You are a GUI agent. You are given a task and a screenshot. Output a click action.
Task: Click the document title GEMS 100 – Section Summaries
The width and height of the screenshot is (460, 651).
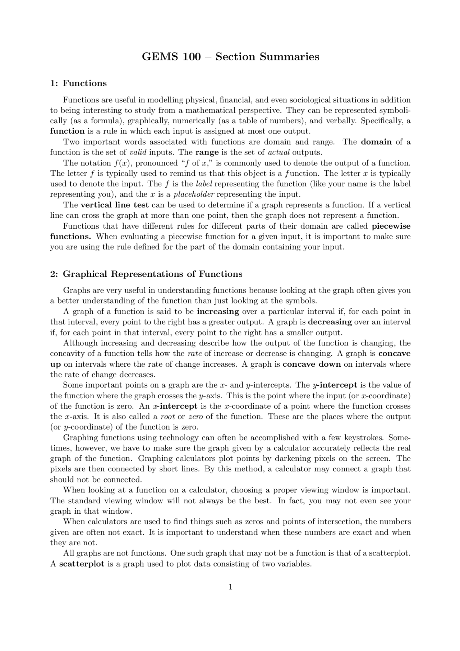point(230,57)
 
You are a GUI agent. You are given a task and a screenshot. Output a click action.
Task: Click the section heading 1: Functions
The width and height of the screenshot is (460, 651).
point(78,83)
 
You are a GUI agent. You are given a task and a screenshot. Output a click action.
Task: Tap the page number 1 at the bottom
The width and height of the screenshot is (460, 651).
point(230,587)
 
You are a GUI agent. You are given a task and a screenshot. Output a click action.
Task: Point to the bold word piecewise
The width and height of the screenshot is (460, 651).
point(391,226)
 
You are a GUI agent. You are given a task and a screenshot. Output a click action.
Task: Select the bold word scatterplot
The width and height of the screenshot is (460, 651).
point(82,564)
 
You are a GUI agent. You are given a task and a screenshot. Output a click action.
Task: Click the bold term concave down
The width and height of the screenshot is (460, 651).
point(312,364)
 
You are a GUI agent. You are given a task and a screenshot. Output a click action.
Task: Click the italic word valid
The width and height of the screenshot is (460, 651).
point(138,152)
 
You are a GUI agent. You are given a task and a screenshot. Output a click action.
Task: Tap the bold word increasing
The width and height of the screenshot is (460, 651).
point(218,311)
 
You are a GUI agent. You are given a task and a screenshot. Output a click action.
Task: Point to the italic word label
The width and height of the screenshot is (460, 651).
point(204,184)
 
